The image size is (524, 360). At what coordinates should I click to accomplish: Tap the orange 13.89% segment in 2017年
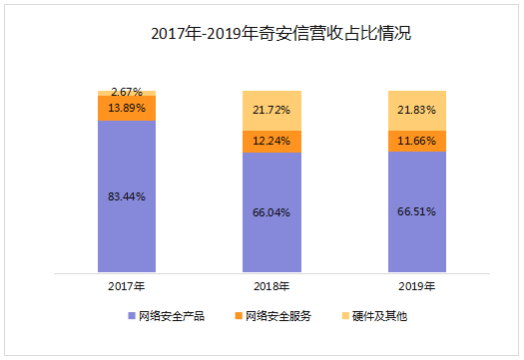click(127, 108)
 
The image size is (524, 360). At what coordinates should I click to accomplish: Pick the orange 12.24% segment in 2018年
click(272, 142)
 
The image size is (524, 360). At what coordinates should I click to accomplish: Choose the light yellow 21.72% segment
click(272, 110)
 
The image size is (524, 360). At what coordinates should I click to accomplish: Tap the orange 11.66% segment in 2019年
click(417, 141)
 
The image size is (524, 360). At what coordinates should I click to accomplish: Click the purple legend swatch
click(133, 316)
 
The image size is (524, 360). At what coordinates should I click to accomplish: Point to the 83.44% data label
click(127, 196)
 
